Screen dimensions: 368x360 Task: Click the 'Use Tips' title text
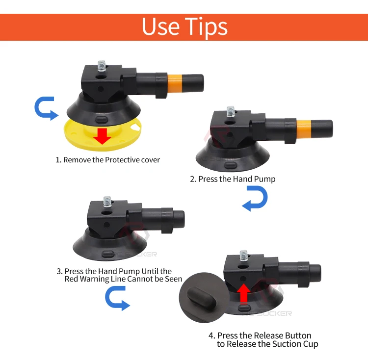[x=184, y=27]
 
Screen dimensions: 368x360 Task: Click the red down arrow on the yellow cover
[x=102, y=136]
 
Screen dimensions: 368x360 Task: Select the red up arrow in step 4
[x=244, y=293]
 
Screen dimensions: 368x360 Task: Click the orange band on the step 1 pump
[x=175, y=83]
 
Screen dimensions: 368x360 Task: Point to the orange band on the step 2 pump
[x=304, y=129]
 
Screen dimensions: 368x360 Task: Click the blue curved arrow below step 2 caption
[x=255, y=199]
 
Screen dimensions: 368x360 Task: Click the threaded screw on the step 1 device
[x=102, y=66]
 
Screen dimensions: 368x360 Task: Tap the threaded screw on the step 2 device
[x=231, y=112]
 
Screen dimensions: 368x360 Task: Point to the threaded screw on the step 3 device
[x=107, y=202]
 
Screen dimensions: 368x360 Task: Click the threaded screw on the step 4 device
[x=243, y=256]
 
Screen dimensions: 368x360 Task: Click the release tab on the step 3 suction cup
[x=108, y=254]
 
